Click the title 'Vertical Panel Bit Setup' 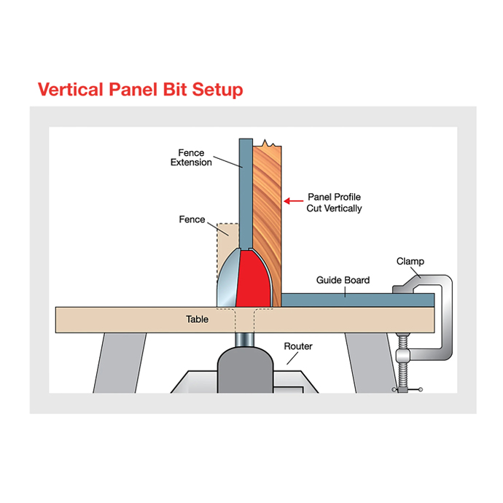(140, 90)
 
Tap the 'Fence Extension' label (191, 157)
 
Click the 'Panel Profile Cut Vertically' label (334, 203)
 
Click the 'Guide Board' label (343, 280)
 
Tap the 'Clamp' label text (410, 261)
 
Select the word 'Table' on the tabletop (197, 319)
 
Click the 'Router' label (298, 346)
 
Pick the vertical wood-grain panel (268, 204)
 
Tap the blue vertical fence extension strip (246, 190)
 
